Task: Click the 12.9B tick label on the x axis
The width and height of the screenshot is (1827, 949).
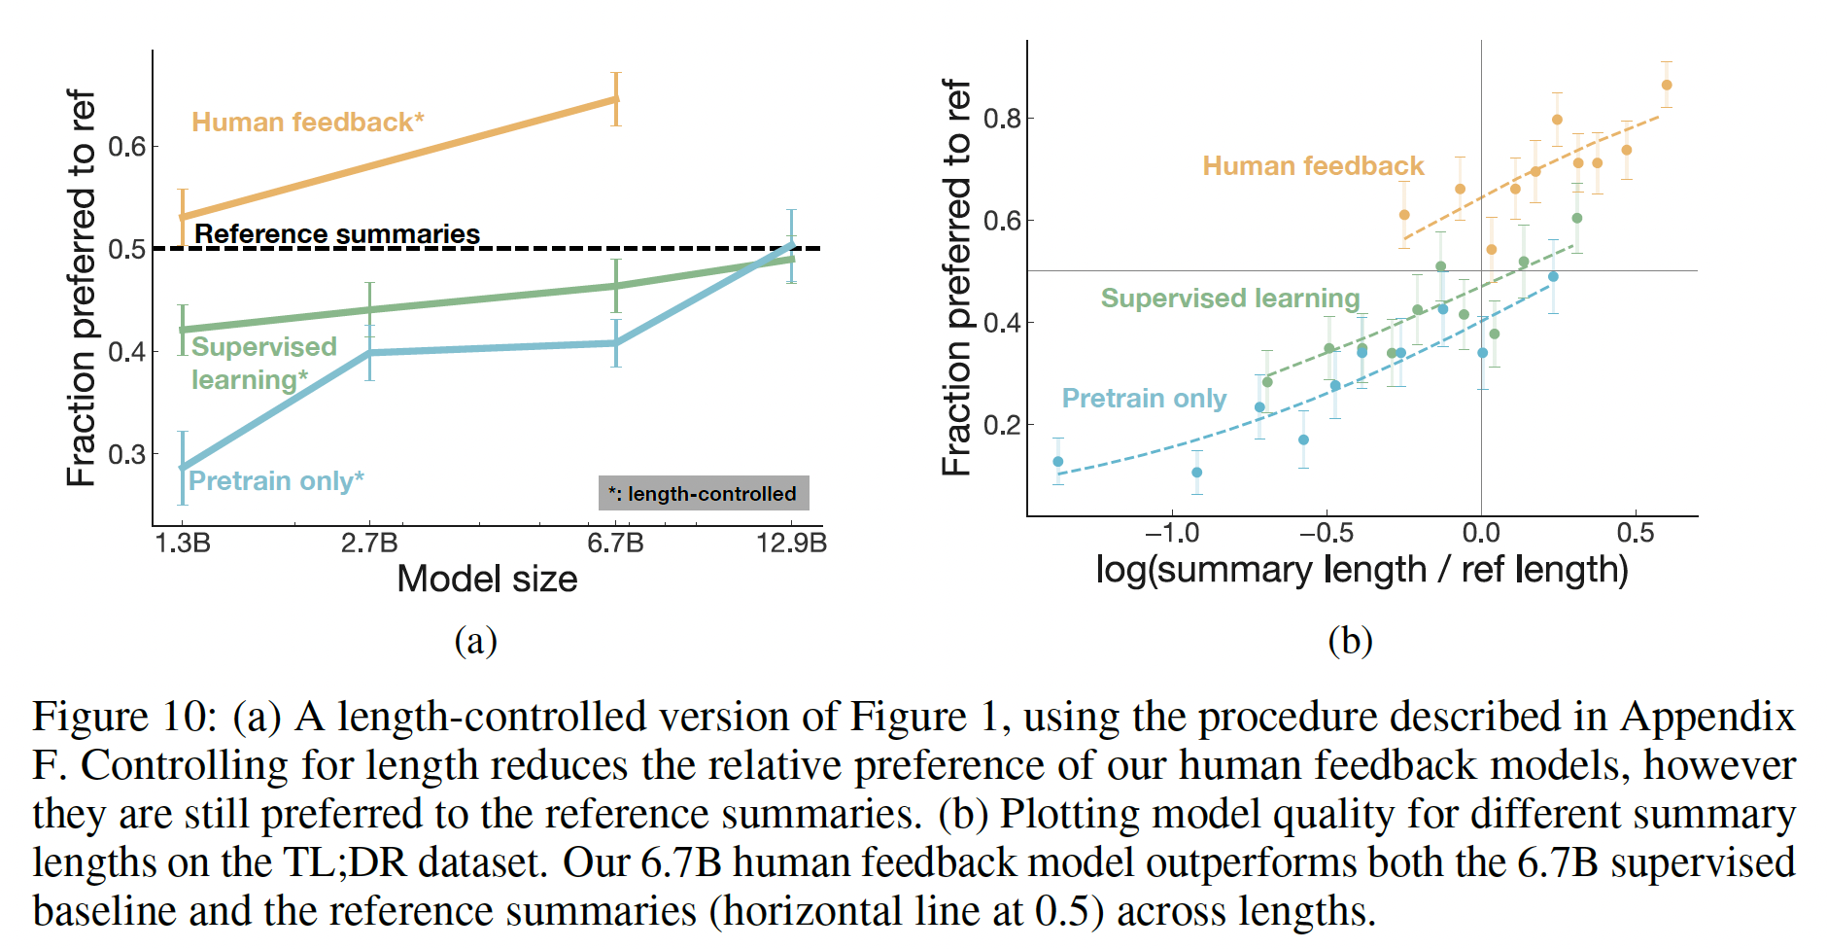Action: click(791, 543)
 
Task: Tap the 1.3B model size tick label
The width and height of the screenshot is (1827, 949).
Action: click(183, 543)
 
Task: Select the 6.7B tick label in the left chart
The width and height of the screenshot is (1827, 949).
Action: click(615, 543)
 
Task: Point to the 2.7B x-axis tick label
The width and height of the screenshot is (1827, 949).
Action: click(369, 543)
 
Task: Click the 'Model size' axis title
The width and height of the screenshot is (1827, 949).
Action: click(487, 580)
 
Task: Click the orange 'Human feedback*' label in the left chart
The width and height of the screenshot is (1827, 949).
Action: click(307, 123)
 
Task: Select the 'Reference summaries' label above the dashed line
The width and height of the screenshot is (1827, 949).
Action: click(337, 234)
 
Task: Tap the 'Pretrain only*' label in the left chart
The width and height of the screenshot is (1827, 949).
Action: click(276, 481)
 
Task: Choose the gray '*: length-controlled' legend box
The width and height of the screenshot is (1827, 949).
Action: click(703, 493)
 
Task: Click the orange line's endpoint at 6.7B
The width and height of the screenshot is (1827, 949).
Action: click(615, 99)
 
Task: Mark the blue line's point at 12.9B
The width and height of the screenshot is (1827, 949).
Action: click(791, 245)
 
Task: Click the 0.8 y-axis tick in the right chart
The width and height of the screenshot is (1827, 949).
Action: click(1003, 119)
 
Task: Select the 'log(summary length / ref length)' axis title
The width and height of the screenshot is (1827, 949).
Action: click(1362, 570)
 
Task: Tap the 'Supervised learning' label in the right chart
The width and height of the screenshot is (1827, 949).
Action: click(1229, 299)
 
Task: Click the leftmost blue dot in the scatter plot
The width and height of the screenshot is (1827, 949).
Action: click(1058, 462)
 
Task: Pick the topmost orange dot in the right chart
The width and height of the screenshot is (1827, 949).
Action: click(1667, 86)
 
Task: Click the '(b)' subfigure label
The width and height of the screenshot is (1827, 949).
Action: click(1350, 641)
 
